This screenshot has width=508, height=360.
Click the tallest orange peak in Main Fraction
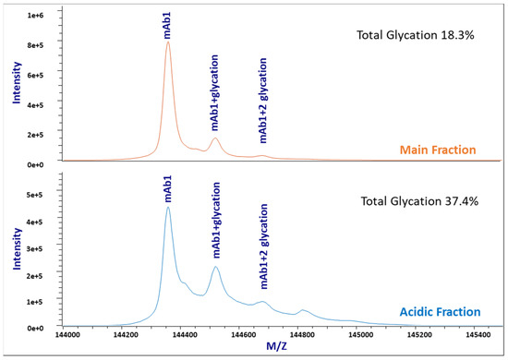[x=167, y=42]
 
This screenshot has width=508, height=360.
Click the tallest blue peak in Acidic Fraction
[x=167, y=208]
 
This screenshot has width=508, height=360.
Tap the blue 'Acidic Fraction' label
[x=440, y=314]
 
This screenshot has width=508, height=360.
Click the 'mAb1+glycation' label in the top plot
[x=214, y=99]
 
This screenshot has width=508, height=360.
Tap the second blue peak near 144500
[x=215, y=268]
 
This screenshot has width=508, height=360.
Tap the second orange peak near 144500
[x=215, y=138]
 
